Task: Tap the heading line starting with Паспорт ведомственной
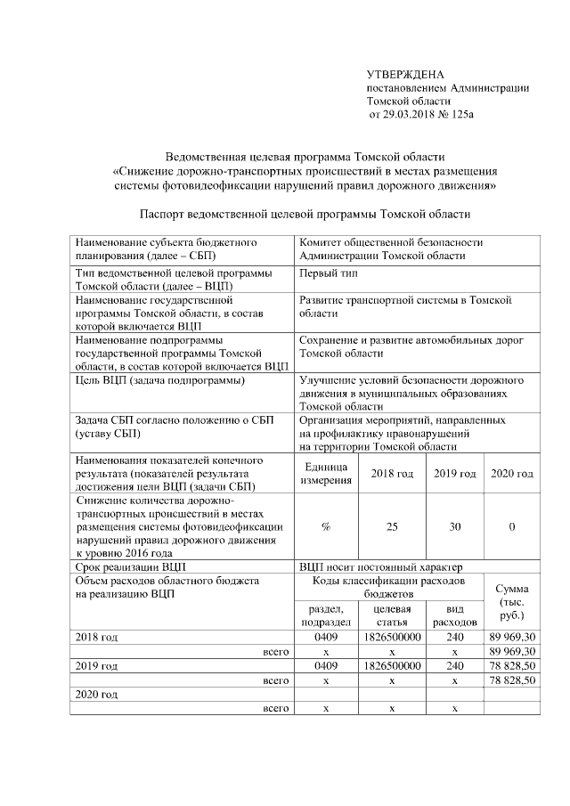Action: pyautogui.click(x=305, y=214)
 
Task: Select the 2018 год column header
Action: pyautogui.click(x=392, y=474)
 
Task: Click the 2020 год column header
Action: pyautogui.click(x=512, y=474)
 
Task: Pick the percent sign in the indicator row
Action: pyautogui.click(x=326, y=526)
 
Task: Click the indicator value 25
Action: pyautogui.click(x=392, y=526)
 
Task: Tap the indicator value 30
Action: pyautogui.click(x=455, y=526)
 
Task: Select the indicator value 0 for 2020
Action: pyautogui.click(x=512, y=526)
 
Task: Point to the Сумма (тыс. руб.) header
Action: pyautogui.click(x=511, y=602)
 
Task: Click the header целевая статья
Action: pyautogui.click(x=392, y=615)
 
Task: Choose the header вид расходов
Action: pyautogui.click(x=455, y=615)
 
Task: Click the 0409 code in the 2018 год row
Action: pyautogui.click(x=326, y=639)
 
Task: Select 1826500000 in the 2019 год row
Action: pyautogui.click(x=392, y=665)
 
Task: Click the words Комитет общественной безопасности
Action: pyautogui.click(x=391, y=242)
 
